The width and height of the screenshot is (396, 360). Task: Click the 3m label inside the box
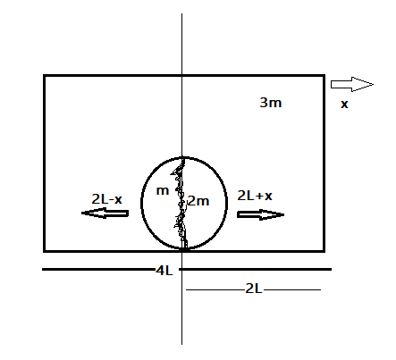pyautogui.click(x=271, y=103)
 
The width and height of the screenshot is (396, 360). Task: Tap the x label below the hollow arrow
pyautogui.click(x=344, y=105)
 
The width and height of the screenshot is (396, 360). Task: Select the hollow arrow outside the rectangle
pyautogui.click(x=352, y=84)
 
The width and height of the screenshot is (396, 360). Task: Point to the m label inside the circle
pyautogui.click(x=163, y=191)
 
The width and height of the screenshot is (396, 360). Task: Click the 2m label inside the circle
pyautogui.click(x=198, y=201)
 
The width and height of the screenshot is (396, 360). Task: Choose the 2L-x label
pyautogui.click(x=106, y=199)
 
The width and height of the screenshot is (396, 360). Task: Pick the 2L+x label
pyautogui.click(x=255, y=196)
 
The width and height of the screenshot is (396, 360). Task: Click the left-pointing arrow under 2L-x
pyautogui.click(x=105, y=213)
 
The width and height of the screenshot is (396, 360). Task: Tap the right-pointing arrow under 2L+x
pyautogui.click(x=260, y=214)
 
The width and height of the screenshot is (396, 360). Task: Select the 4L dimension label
pyautogui.click(x=164, y=271)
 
